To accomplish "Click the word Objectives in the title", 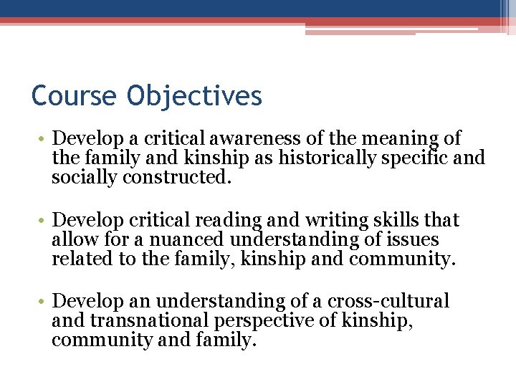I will tap(195, 95).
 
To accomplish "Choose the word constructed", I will tap(178, 176).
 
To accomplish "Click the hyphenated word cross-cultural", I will tap(388, 301).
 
